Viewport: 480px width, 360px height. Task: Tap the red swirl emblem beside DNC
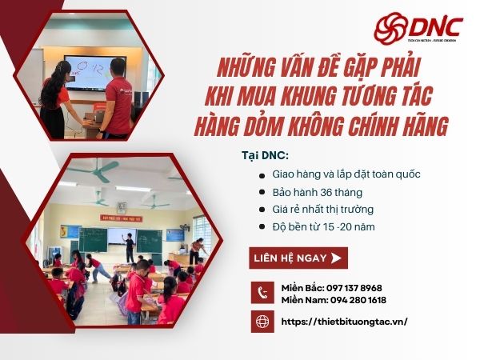(390, 26)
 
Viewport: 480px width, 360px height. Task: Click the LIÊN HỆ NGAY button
(298, 258)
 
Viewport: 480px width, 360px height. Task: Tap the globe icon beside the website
(263, 322)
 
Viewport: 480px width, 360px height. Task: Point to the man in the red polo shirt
(117, 92)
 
